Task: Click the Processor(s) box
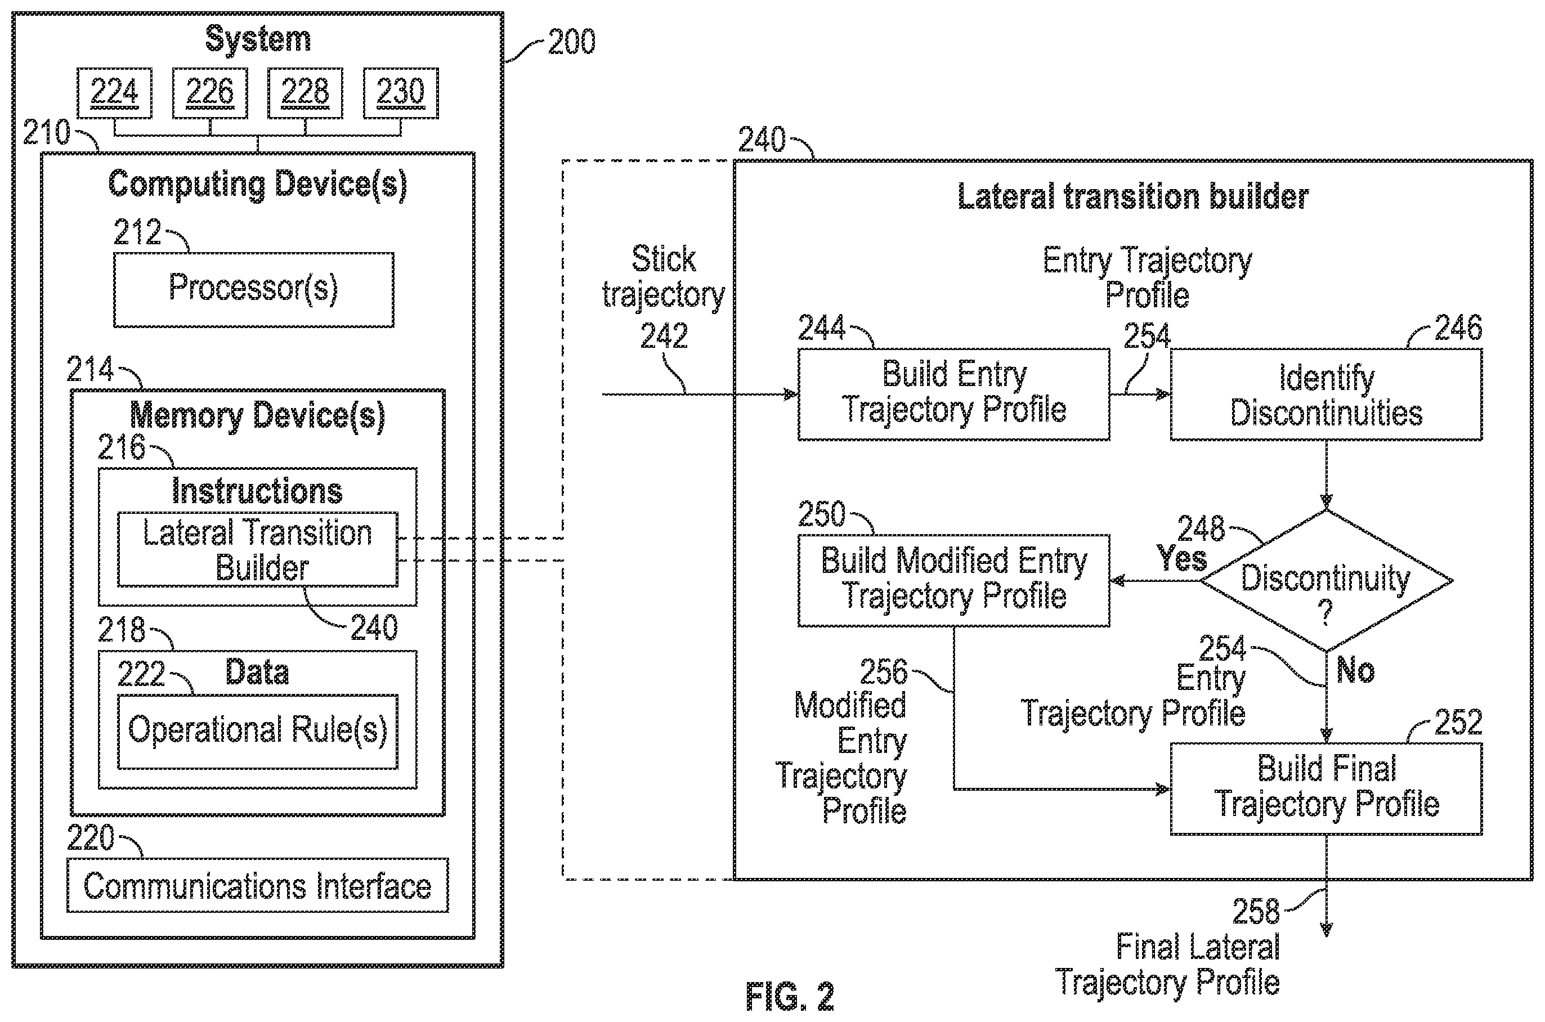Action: [254, 289]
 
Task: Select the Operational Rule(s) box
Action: [258, 731]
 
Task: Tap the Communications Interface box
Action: [258, 885]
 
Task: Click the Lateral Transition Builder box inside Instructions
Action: [258, 549]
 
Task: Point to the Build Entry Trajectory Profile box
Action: [953, 395]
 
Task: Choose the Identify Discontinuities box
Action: [1326, 395]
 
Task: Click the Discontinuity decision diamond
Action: [1326, 581]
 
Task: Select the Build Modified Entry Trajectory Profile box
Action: [953, 581]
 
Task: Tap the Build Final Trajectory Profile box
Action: [1326, 788]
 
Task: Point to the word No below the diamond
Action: [1355, 670]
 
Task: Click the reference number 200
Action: [571, 42]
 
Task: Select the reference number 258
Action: [1256, 911]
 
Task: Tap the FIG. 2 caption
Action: [790, 996]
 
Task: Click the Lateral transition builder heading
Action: [1133, 196]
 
